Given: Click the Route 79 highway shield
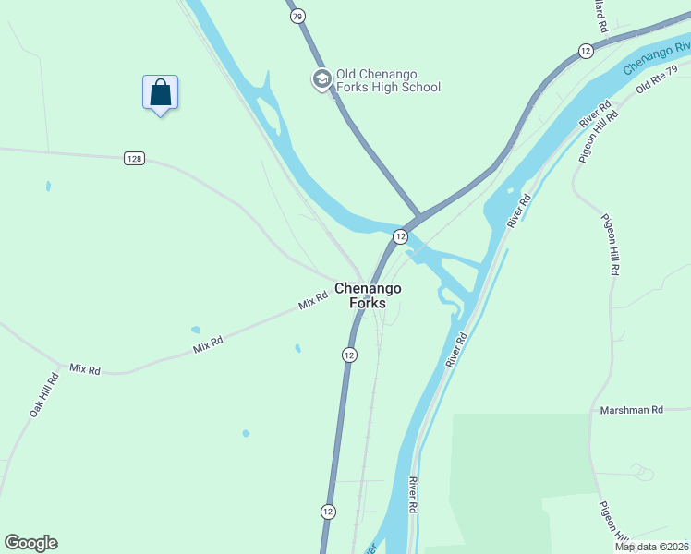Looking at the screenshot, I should (x=297, y=17).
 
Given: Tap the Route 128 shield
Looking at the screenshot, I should (x=134, y=159).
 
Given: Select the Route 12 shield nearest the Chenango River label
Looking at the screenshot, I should (x=585, y=50).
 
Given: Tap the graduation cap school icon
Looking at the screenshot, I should (x=321, y=79).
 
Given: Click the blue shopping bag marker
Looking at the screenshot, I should (x=160, y=93).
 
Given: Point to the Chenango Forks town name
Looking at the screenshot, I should (x=367, y=295).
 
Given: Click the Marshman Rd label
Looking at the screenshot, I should (x=632, y=410).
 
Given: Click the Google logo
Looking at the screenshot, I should (x=30, y=543).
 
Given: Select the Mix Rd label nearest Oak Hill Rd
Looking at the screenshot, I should (x=85, y=368).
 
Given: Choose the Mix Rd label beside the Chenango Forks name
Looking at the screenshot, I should (x=313, y=301).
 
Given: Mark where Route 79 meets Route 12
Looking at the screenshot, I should (x=417, y=216).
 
